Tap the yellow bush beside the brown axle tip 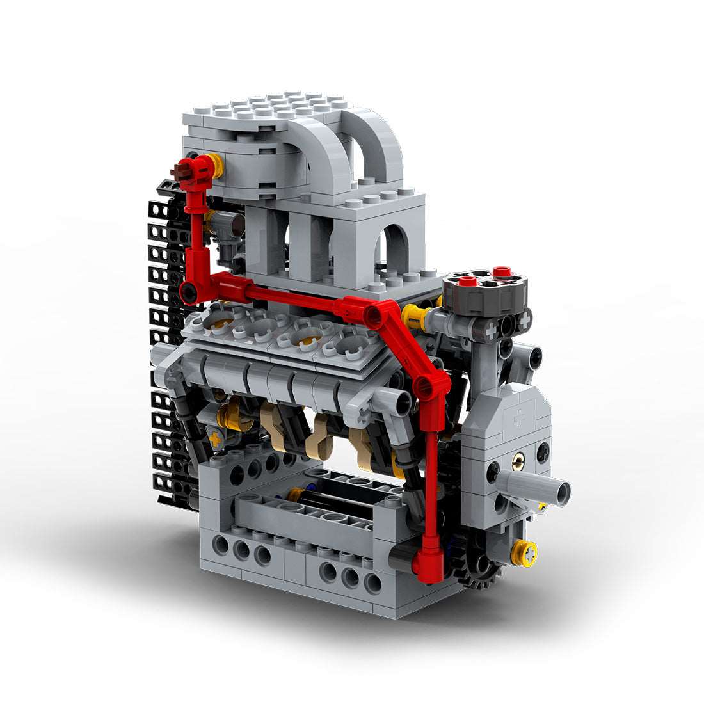216,166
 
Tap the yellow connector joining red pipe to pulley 414,316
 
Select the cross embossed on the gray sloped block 517,417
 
